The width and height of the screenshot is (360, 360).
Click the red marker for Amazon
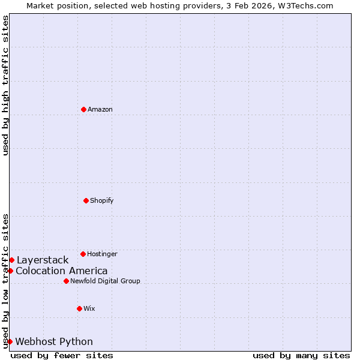click(x=83, y=109)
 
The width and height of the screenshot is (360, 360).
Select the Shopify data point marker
click(x=86, y=200)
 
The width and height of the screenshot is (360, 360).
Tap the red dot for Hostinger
click(x=83, y=254)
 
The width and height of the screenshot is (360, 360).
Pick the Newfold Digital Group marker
click(x=66, y=281)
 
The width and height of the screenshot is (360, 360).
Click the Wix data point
click(x=79, y=308)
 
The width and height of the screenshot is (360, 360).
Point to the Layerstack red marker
click(x=11, y=260)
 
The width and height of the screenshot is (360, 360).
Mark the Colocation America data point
click(x=10, y=271)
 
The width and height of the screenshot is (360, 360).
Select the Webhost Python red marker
click(x=10, y=341)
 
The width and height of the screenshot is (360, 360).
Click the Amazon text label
click(x=100, y=109)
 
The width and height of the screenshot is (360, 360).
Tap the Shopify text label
click(x=102, y=200)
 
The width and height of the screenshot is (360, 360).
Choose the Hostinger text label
click(x=102, y=254)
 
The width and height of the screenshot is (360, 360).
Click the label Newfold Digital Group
click(x=105, y=281)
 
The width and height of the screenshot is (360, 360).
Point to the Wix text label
click(x=89, y=308)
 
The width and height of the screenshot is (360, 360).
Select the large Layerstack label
click(x=43, y=260)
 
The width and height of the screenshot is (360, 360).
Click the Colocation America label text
click(x=62, y=271)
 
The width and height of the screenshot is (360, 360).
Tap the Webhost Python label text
click(x=54, y=341)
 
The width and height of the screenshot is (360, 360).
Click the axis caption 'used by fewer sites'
click(x=62, y=355)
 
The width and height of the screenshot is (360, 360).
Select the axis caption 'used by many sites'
click(x=301, y=355)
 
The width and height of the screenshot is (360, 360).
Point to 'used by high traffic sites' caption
click(x=5, y=85)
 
